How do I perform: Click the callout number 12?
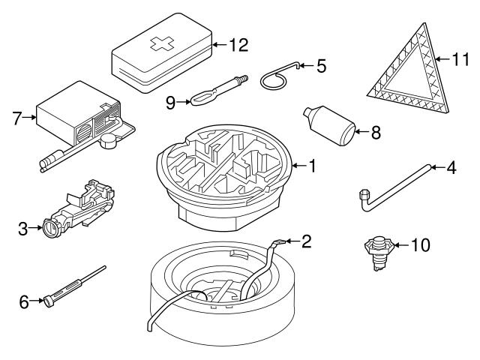(x=238, y=45)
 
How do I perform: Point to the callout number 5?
(x=321, y=67)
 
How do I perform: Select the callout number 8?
(x=376, y=133)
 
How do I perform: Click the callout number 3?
(x=23, y=228)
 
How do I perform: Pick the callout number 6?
(x=23, y=301)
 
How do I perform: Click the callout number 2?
(x=305, y=241)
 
